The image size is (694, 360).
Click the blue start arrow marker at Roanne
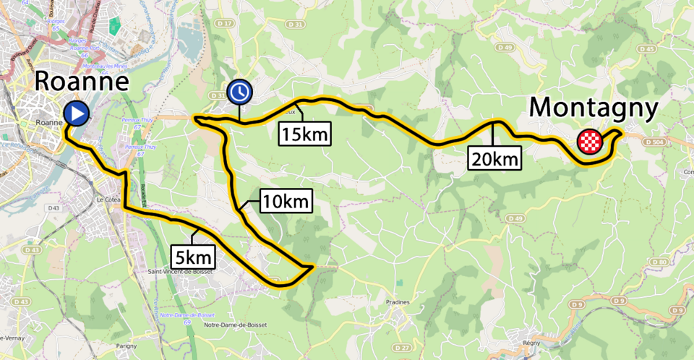point(76,113)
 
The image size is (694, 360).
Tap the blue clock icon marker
point(239,92)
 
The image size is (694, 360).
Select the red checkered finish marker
point(590,142)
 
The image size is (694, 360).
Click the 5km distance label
point(194,256)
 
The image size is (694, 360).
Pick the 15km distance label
point(304,134)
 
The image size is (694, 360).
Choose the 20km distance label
point(494,158)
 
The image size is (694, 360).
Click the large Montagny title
point(594,108)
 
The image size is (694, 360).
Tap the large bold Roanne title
point(82,81)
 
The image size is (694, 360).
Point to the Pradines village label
point(398,302)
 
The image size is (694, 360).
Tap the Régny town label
point(532,343)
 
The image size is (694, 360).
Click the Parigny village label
point(126,346)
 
